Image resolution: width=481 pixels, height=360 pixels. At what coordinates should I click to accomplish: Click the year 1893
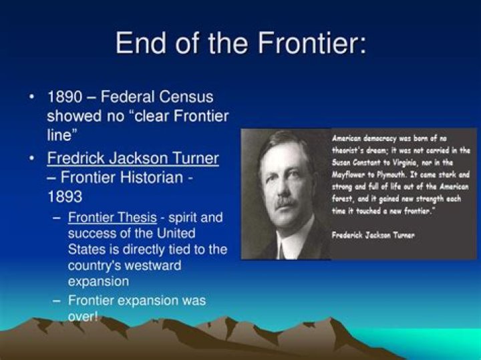(65, 198)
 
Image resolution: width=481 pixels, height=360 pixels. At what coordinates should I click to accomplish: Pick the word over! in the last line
(83, 316)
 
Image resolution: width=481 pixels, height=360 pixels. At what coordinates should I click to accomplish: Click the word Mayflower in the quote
(351, 174)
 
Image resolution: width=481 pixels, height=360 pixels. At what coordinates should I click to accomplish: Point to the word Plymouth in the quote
(404, 174)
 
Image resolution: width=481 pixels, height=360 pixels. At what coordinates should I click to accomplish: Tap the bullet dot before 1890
(33, 98)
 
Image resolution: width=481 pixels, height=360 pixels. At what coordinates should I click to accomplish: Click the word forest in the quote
(343, 198)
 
